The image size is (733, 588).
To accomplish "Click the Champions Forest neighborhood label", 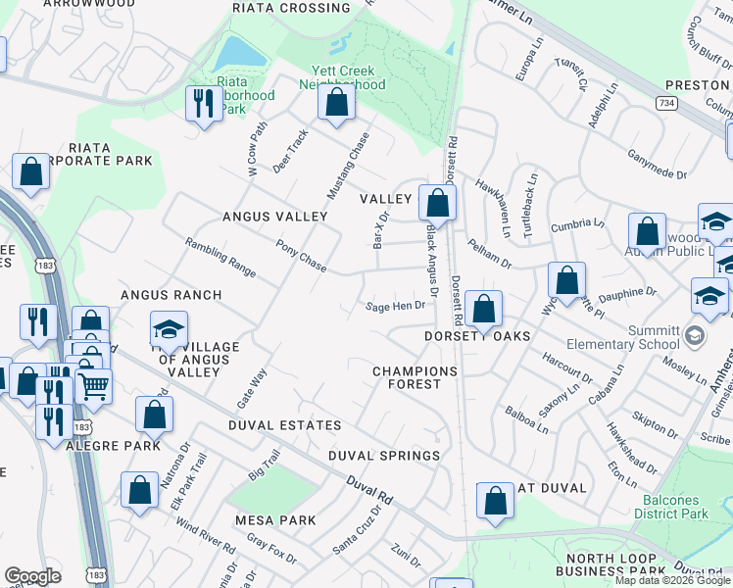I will pyautogui.click(x=415, y=378).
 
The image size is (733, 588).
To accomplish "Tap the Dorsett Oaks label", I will pyautogui.click(x=477, y=336).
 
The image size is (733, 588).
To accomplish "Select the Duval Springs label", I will pyautogui.click(x=383, y=456).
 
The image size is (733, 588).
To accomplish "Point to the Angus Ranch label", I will pyautogui.click(x=171, y=295).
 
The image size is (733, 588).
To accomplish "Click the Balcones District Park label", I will pyautogui.click(x=670, y=507).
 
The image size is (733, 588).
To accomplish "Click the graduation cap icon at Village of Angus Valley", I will pyautogui.click(x=169, y=330).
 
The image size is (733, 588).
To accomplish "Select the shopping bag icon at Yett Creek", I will pyautogui.click(x=336, y=102).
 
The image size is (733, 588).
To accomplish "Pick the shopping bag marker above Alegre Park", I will pyautogui.click(x=154, y=415).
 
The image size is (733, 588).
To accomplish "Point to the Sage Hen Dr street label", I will pyautogui.click(x=396, y=306).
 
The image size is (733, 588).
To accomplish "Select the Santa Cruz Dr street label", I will pyautogui.click(x=357, y=532).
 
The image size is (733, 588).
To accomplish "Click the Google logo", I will pyautogui.click(x=32, y=576).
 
